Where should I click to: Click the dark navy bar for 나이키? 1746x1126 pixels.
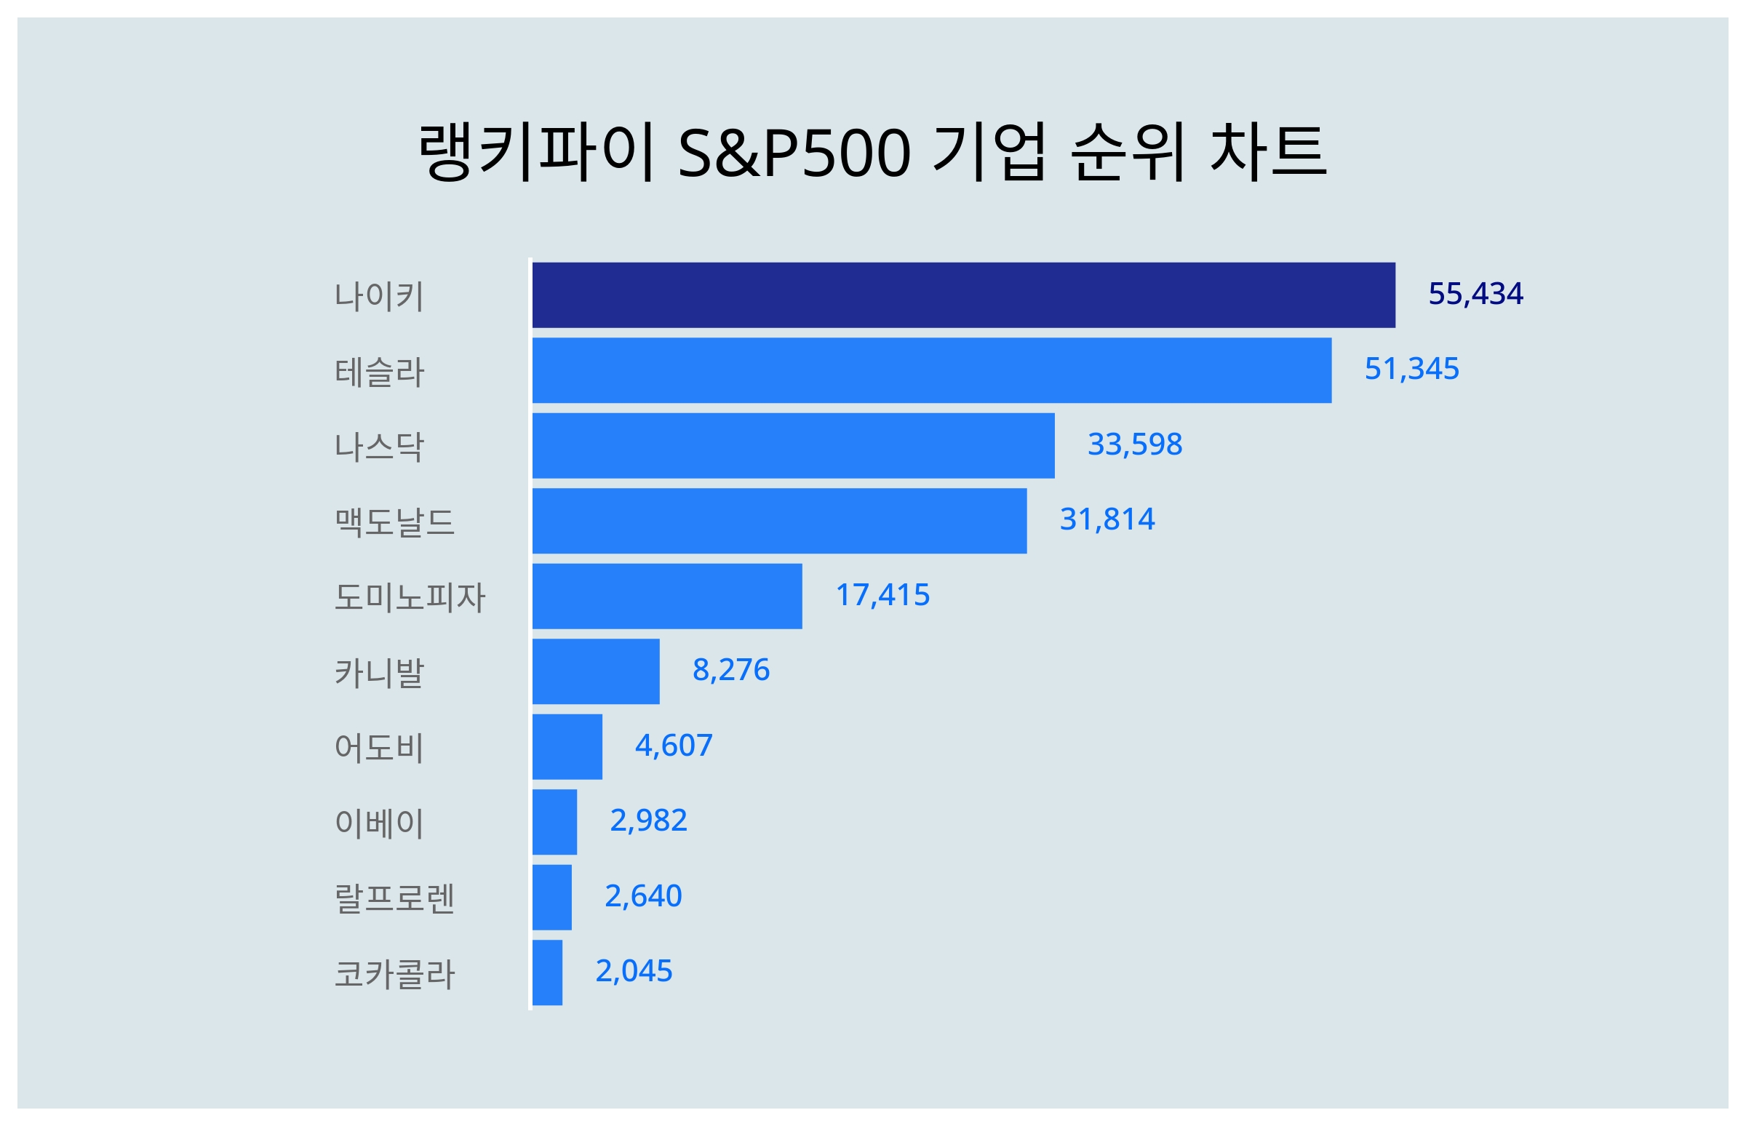click(963, 295)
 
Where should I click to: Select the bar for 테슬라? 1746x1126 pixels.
click(930, 370)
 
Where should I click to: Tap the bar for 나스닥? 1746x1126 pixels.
click(792, 445)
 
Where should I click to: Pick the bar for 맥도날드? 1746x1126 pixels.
click(778, 521)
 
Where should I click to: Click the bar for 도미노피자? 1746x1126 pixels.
click(666, 596)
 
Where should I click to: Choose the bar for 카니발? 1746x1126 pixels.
click(595, 671)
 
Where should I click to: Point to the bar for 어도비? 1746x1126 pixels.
click(567, 746)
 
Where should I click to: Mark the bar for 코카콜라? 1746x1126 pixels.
click(547, 973)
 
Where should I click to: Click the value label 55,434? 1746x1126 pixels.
click(1475, 294)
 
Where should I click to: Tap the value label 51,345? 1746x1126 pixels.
click(1411, 370)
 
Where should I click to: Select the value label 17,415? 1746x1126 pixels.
click(882, 595)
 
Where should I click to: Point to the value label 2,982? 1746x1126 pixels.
click(647, 820)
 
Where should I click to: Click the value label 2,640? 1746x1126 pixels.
click(642, 895)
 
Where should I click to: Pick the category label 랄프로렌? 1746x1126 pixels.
click(394, 898)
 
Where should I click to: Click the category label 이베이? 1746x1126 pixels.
click(379, 823)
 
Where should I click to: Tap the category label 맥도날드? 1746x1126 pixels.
click(394, 522)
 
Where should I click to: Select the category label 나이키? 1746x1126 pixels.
click(379, 296)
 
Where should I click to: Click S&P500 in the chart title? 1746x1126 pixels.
click(794, 153)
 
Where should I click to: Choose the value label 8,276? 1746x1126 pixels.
click(730, 670)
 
